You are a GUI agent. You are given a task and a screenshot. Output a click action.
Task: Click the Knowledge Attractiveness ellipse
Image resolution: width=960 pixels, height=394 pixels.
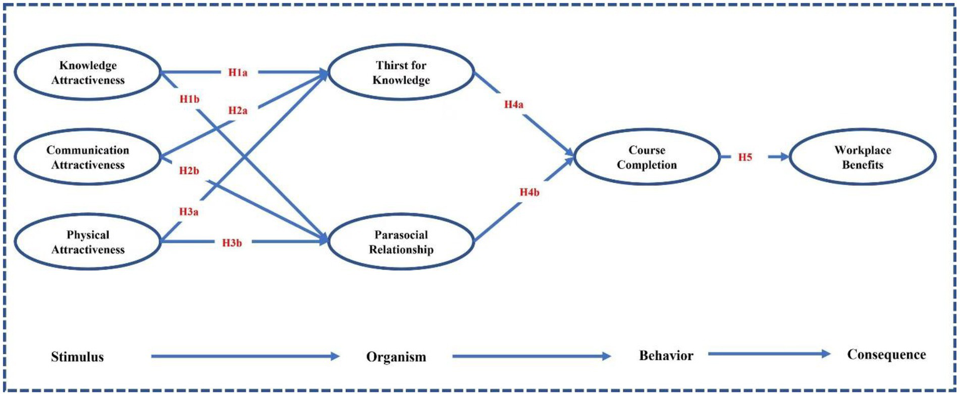click(88, 73)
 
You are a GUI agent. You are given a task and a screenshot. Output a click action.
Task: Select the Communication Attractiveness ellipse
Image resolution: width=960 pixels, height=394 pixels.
click(88, 158)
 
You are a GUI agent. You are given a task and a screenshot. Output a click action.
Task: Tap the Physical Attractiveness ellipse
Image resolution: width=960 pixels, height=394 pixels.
click(88, 242)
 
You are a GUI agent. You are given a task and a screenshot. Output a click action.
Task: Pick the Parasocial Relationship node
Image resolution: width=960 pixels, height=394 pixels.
click(402, 242)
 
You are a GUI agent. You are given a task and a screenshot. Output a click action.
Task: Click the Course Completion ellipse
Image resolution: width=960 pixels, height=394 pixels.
click(647, 158)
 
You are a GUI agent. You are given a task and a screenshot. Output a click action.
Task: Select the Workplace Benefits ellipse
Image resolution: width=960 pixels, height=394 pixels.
click(862, 158)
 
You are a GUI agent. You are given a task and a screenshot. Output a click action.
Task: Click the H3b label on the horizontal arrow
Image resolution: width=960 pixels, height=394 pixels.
click(232, 242)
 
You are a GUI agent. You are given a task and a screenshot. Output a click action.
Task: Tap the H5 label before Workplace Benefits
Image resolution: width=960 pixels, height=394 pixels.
click(744, 157)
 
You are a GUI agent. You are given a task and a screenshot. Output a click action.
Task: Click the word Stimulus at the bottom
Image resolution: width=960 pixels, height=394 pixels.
click(77, 357)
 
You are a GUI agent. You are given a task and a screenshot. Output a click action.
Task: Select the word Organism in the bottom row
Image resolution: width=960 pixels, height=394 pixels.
click(396, 357)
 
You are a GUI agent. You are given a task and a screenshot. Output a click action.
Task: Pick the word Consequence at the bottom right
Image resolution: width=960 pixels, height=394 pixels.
click(886, 355)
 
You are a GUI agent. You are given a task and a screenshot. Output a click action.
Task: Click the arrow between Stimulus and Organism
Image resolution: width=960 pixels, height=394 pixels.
click(244, 356)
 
